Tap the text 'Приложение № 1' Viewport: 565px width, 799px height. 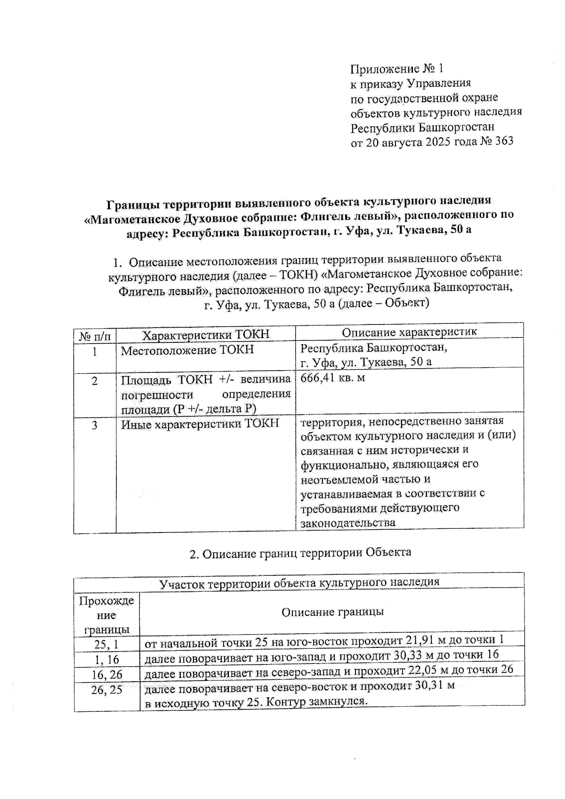tap(397, 69)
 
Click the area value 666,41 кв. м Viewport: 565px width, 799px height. tap(333, 378)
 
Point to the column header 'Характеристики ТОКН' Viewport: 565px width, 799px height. tap(206, 334)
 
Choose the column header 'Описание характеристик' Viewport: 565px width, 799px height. tap(409, 331)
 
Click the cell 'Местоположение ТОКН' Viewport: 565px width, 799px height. tap(187, 350)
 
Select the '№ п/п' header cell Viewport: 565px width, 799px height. tap(95, 336)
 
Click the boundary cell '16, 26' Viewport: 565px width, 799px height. tap(107, 675)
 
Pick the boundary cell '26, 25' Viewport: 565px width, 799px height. tap(107, 690)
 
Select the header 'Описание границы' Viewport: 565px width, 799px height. tap(332, 612)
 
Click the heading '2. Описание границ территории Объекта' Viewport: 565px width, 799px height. tap(300, 552)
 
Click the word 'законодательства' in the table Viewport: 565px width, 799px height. tap(348, 523)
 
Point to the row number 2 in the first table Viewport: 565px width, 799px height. tap(95, 381)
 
